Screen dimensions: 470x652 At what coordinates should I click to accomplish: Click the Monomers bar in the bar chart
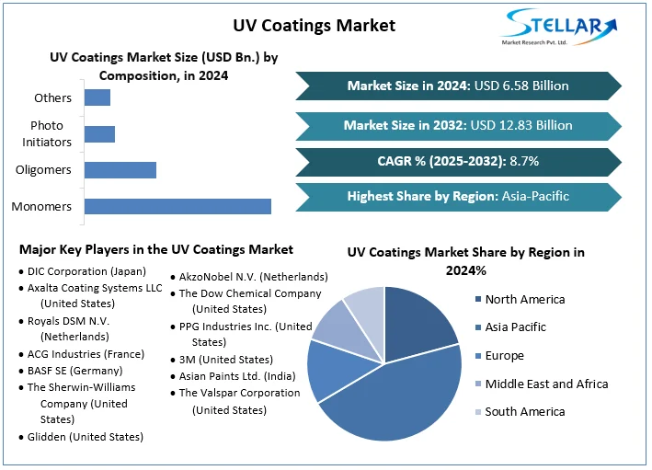177,206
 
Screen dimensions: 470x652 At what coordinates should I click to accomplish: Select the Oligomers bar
120,169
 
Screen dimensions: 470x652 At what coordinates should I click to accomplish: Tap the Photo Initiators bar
99,133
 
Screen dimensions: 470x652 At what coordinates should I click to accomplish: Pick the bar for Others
97,97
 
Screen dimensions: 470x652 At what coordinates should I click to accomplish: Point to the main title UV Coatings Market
315,25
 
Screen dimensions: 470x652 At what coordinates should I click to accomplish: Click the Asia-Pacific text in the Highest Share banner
535,196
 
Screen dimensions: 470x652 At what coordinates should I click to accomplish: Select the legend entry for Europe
504,356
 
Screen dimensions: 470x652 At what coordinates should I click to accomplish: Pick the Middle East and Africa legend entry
546,384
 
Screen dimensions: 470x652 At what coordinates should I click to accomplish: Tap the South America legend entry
524,411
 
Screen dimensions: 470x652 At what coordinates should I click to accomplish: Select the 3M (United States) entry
225,360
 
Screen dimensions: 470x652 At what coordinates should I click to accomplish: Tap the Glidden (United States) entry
85,437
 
